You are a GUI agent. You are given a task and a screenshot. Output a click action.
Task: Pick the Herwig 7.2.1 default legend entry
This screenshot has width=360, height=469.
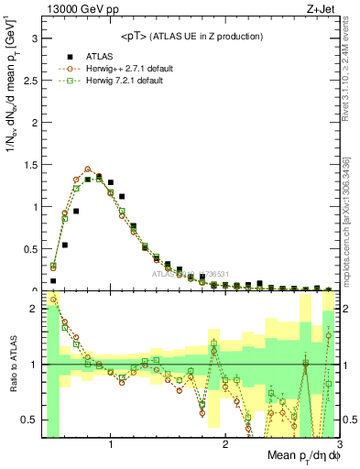pos(115,81)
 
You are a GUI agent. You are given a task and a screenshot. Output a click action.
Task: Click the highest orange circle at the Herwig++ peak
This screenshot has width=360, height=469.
pos(88,169)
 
